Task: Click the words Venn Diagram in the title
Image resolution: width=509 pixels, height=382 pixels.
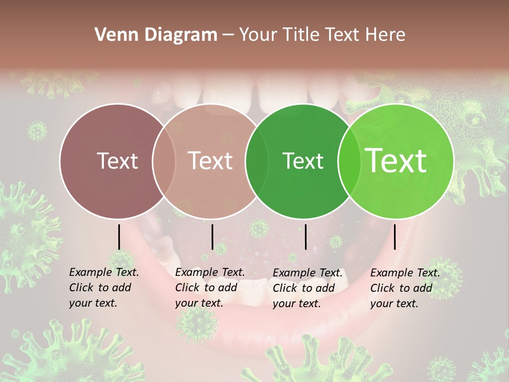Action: pyautogui.click(x=156, y=35)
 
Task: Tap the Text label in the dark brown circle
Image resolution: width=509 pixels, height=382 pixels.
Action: pyautogui.click(x=117, y=161)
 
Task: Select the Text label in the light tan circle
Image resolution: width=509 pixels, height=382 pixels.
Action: pyautogui.click(x=210, y=161)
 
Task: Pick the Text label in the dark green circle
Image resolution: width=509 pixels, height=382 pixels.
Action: pyautogui.click(x=303, y=161)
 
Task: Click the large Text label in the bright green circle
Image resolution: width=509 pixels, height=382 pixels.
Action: pyautogui.click(x=396, y=161)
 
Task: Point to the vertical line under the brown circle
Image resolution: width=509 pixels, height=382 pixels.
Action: pyautogui.click(x=119, y=237)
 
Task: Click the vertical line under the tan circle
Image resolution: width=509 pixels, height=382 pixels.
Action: pyautogui.click(x=212, y=237)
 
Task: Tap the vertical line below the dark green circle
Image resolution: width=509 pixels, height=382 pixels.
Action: pyautogui.click(x=305, y=237)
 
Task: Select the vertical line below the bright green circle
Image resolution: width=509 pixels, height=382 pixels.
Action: pyautogui.click(x=394, y=237)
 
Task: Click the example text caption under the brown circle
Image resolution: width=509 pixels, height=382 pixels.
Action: pyautogui.click(x=104, y=288)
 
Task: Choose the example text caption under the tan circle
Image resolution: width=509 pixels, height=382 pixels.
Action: pyautogui.click(x=210, y=288)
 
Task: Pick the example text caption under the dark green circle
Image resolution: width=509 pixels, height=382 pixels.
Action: pyautogui.click(x=308, y=288)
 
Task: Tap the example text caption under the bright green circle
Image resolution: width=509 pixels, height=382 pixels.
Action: pyautogui.click(x=405, y=288)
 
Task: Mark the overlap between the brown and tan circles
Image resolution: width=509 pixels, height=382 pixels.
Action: pyautogui.click(x=164, y=161)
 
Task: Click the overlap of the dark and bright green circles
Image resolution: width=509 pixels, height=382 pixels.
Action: pyautogui.click(x=348, y=161)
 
